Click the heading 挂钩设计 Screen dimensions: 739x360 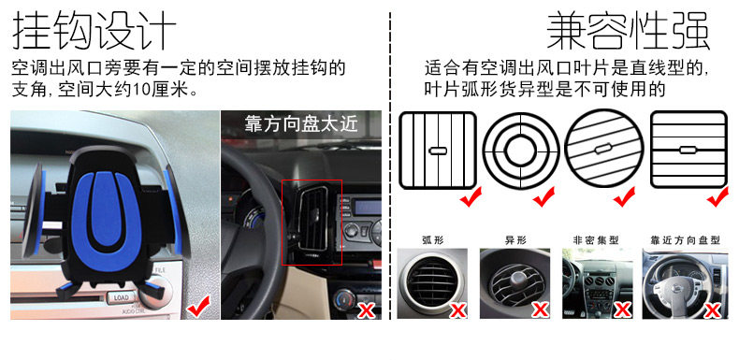(x=94, y=30)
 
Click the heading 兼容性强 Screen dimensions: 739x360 (x=629, y=30)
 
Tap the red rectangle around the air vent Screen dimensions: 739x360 (x=312, y=223)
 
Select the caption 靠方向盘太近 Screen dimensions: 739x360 (x=301, y=123)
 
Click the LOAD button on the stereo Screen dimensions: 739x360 (x=121, y=297)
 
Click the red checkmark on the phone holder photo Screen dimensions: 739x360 (x=198, y=309)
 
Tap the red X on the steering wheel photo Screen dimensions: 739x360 (x=366, y=310)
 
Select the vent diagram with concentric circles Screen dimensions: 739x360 (x=521, y=151)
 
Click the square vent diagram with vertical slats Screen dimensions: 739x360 (x=438, y=151)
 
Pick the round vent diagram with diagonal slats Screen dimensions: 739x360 (x=603, y=149)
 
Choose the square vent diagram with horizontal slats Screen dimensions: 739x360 (x=688, y=150)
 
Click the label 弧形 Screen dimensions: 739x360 (x=433, y=239)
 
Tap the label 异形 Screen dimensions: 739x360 (x=515, y=239)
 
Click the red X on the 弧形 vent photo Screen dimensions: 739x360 (x=458, y=310)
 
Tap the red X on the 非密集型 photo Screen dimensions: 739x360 (x=623, y=310)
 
